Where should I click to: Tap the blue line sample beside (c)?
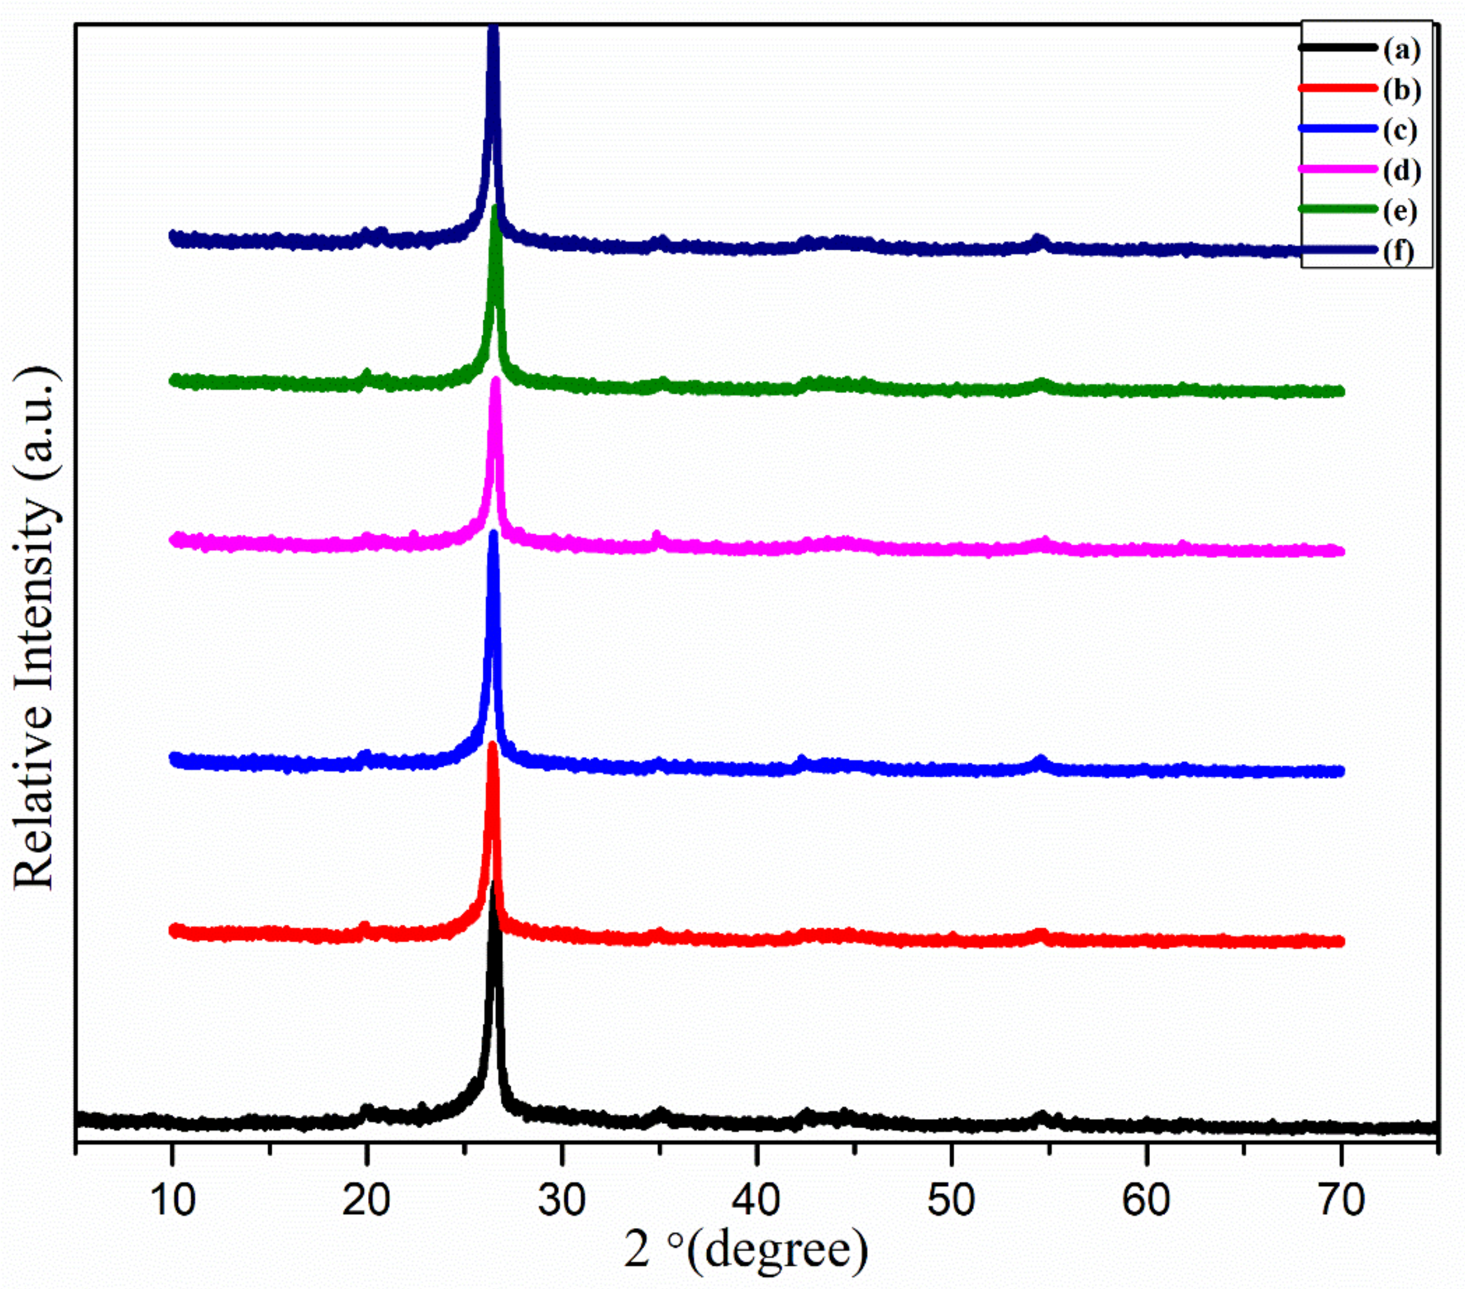(x=1338, y=130)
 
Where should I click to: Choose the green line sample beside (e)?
(x=1338, y=210)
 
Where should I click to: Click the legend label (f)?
(x=1399, y=251)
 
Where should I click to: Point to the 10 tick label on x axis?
(x=172, y=1200)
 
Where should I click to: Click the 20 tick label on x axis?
(x=366, y=1200)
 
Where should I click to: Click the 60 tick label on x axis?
(x=1146, y=1200)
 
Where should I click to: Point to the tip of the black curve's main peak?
(x=492, y=886)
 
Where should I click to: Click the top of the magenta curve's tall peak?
(x=495, y=381)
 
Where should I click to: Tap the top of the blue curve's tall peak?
(x=493, y=534)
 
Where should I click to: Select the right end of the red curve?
(x=1339, y=941)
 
